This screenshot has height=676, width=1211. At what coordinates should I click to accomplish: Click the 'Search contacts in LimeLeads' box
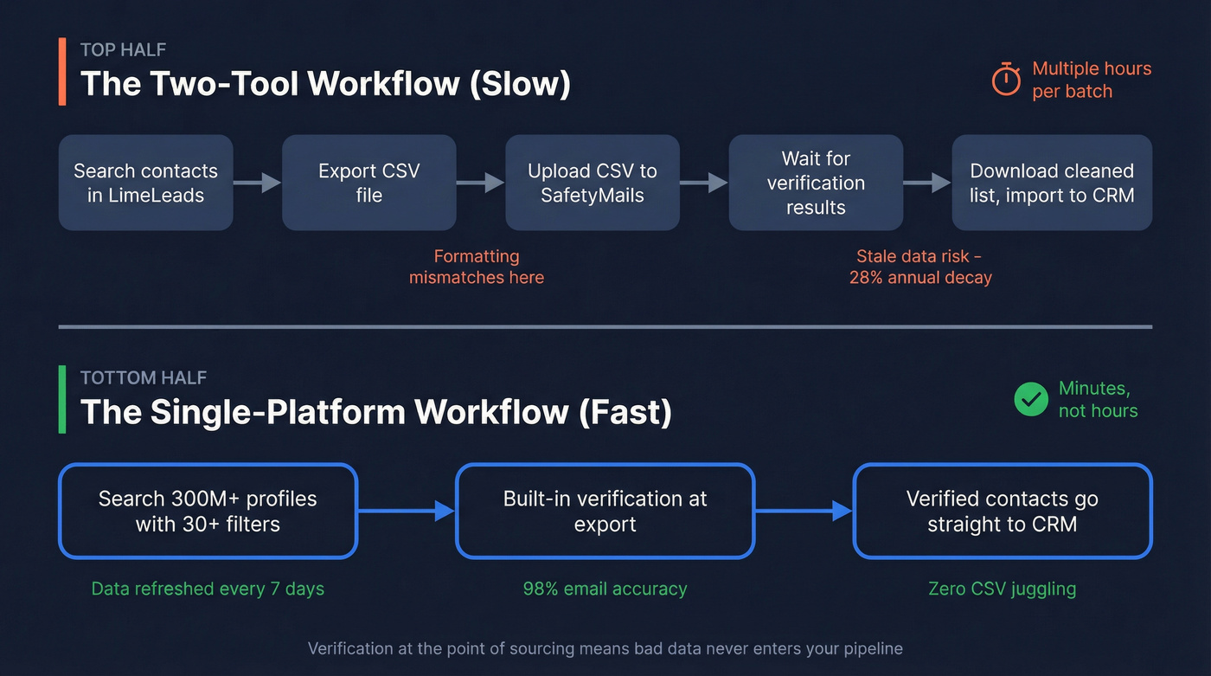(x=145, y=183)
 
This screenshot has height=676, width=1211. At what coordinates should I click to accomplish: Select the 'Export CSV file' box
(x=368, y=183)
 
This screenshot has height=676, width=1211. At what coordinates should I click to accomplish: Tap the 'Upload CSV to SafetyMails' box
(x=592, y=183)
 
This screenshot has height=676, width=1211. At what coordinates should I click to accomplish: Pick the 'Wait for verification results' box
(x=816, y=183)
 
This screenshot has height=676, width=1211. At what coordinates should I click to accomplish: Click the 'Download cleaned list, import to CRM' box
(x=1051, y=183)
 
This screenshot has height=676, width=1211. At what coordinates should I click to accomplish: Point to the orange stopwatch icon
(x=1006, y=80)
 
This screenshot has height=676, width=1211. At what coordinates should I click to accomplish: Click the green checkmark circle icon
(x=1030, y=399)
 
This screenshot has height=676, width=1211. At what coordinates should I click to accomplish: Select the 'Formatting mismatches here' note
(x=477, y=267)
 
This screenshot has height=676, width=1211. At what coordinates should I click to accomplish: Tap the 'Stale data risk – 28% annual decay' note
(x=919, y=267)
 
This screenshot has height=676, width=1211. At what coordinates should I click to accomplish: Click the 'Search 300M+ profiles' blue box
(x=208, y=512)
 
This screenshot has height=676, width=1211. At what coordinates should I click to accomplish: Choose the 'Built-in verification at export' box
(x=605, y=512)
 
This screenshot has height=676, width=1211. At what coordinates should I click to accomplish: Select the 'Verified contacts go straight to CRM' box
(x=1002, y=512)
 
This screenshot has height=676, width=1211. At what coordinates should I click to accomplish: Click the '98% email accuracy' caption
(x=605, y=589)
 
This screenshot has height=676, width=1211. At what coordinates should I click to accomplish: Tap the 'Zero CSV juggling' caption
(x=1002, y=589)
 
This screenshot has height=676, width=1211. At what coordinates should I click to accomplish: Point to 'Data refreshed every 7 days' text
(x=208, y=589)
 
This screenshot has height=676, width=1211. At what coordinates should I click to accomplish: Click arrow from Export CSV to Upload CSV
(x=480, y=183)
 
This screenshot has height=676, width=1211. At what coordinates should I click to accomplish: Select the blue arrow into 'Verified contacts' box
(x=804, y=512)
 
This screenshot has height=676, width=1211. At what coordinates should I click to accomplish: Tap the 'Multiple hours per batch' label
(x=1091, y=80)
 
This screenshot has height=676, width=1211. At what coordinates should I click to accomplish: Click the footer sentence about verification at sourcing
(x=605, y=648)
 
